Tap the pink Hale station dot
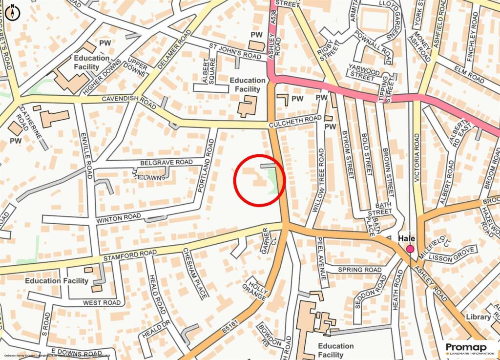click(x=410, y=249)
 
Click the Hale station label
click(x=407, y=238)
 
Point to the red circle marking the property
click(x=260, y=180)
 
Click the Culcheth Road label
click(x=295, y=122)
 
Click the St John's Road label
click(x=235, y=52)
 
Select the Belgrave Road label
click(x=167, y=162)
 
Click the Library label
click(x=478, y=317)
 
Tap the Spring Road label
click(x=359, y=270)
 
